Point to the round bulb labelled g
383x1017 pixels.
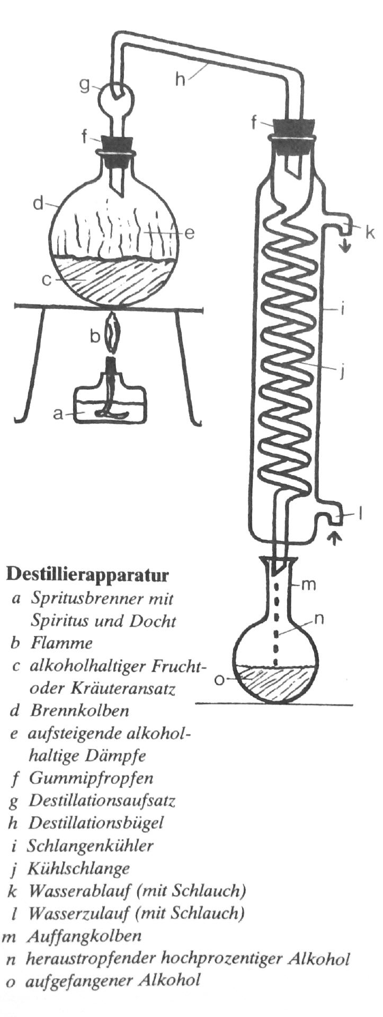pyautogui.click(x=117, y=98)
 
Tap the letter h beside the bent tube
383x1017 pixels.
pyautogui.click(x=182, y=79)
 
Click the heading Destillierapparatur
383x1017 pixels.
pyautogui.click(x=87, y=574)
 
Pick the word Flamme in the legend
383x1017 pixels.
pyautogui.click(x=61, y=643)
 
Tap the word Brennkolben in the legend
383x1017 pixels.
pyautogui.click(x=79, y=710)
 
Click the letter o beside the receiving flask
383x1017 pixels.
pyautogui.click(x=219, y=679)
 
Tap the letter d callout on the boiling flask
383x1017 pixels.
pyautogui.click(x=38, y=203)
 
